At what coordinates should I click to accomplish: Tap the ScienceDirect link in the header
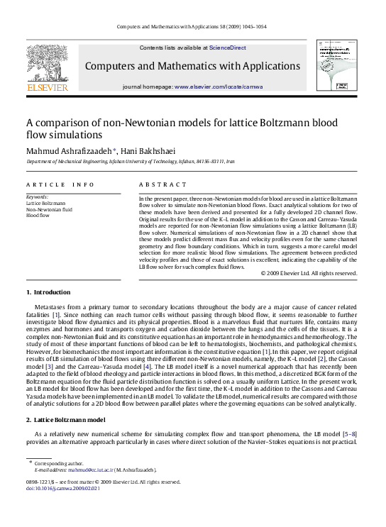(227, 48)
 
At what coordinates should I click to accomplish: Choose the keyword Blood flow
(38, 216)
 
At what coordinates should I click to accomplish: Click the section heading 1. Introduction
(48, 292)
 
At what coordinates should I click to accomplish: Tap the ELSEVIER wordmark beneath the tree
(47, 88)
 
